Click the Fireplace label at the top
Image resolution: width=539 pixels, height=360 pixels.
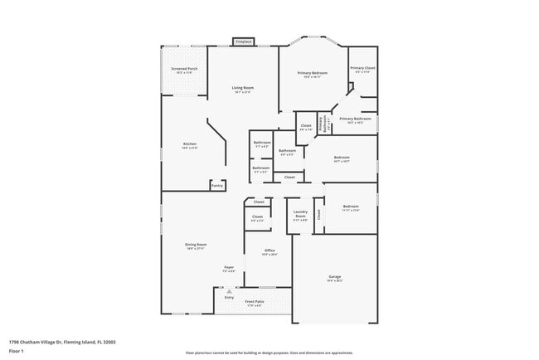point(243,41)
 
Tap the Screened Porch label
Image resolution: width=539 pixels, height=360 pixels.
point(184,69)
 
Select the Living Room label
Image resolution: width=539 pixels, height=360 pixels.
point(242,87)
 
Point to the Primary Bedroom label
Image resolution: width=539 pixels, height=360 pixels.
point(313,73)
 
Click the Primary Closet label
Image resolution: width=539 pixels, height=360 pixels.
point(362,68)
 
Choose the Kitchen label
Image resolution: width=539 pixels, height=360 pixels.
point(190,144)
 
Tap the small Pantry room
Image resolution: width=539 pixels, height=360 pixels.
point(217,186)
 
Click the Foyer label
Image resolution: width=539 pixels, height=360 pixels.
point(229,267)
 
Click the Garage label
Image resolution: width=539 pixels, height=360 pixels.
point(334,277)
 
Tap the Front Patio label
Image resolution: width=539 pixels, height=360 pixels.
point(255,302)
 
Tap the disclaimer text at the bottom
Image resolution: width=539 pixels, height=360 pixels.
point(269,353)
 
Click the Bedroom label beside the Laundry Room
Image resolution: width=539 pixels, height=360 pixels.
point(351,207)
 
